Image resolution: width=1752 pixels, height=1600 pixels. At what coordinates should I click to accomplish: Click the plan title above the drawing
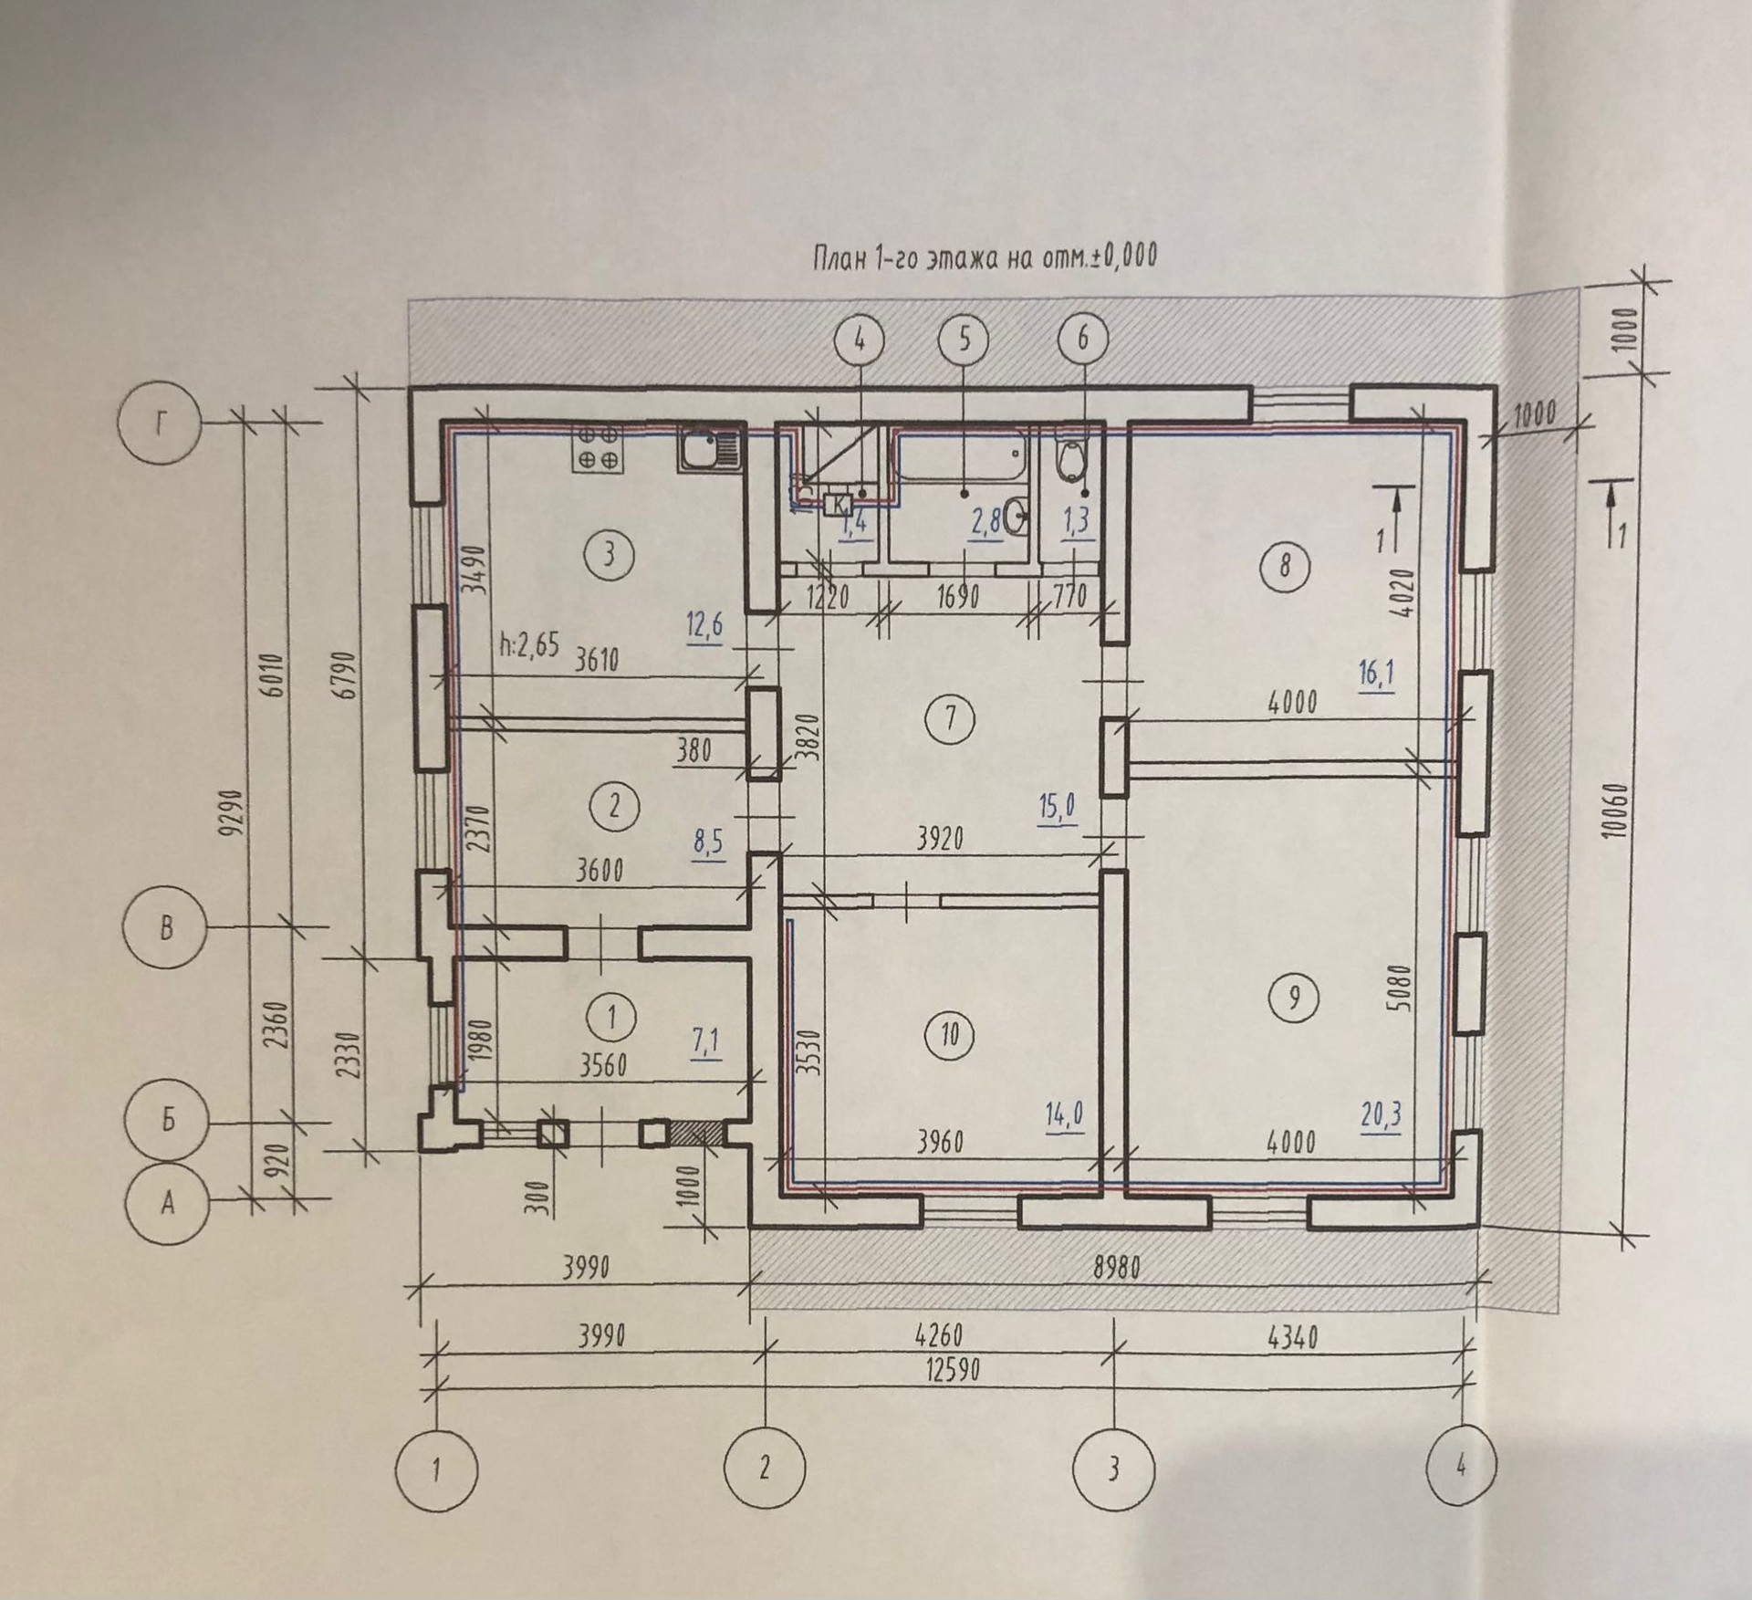(x=984, y=258)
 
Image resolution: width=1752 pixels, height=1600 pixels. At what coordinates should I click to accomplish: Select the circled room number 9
(x=1294, y=998)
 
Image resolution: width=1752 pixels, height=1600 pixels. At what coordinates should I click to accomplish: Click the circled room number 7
(x=951, y=718)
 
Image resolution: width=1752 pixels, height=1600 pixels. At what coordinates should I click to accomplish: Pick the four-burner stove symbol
(x=598, y=447)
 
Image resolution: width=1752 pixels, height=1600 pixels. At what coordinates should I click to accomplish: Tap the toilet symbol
(x=1070, y=461)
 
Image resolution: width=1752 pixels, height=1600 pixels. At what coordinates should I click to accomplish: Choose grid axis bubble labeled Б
(x=168, y=1120)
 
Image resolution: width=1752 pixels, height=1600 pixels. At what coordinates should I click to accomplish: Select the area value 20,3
(x=1379, y=1114)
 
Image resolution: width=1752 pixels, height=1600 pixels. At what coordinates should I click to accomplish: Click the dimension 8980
(x=1115, y=1269)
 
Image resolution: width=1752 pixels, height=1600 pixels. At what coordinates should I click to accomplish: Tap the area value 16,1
(x=1375, y=676)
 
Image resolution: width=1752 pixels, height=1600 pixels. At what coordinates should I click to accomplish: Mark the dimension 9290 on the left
(x=239, y=811)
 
